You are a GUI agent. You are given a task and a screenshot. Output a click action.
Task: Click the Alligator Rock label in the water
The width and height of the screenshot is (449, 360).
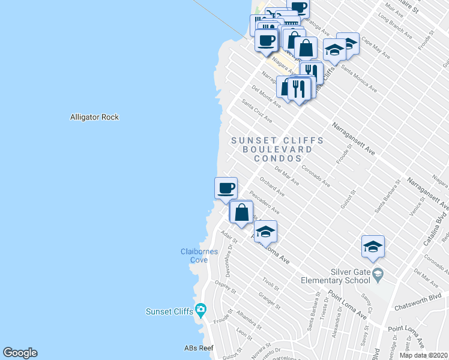pyautogui.click(x=94, y=117)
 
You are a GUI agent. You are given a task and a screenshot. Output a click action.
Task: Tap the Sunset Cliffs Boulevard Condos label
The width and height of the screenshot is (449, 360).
pyautogui.click(x=277, y=149)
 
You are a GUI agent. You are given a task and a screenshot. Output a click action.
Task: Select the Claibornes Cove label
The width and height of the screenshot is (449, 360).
pyautogui.click(x=199, y=256)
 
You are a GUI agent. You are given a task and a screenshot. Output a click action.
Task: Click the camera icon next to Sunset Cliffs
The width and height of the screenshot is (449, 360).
pyautogui.click(x=200, y=310)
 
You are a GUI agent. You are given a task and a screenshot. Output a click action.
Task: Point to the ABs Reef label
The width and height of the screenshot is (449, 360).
pyautogui.click(x=199, y=348)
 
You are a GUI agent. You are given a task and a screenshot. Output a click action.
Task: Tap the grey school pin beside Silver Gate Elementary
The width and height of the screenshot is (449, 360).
pyautogui.click(x=377, y=275)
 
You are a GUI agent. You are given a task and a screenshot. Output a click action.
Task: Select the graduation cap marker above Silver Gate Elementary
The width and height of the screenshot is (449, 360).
pyautogui.click(x=373, y=247)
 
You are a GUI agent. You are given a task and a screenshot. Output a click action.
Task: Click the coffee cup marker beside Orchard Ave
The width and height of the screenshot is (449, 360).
pyautogui.click(x=226, y=188)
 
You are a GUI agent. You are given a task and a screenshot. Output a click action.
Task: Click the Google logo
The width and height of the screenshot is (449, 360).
pyautogui.click(x=20, y=353)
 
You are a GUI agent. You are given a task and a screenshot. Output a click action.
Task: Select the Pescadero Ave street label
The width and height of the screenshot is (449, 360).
pyautogui.click(x=264, y=202)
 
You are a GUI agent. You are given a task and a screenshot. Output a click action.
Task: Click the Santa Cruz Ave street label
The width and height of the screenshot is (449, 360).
pyautogui.click(x=256, y=110)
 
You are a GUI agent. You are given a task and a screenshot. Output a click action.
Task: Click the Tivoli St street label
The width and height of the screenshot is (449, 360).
pyautogui.click(x=271, y=284)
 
